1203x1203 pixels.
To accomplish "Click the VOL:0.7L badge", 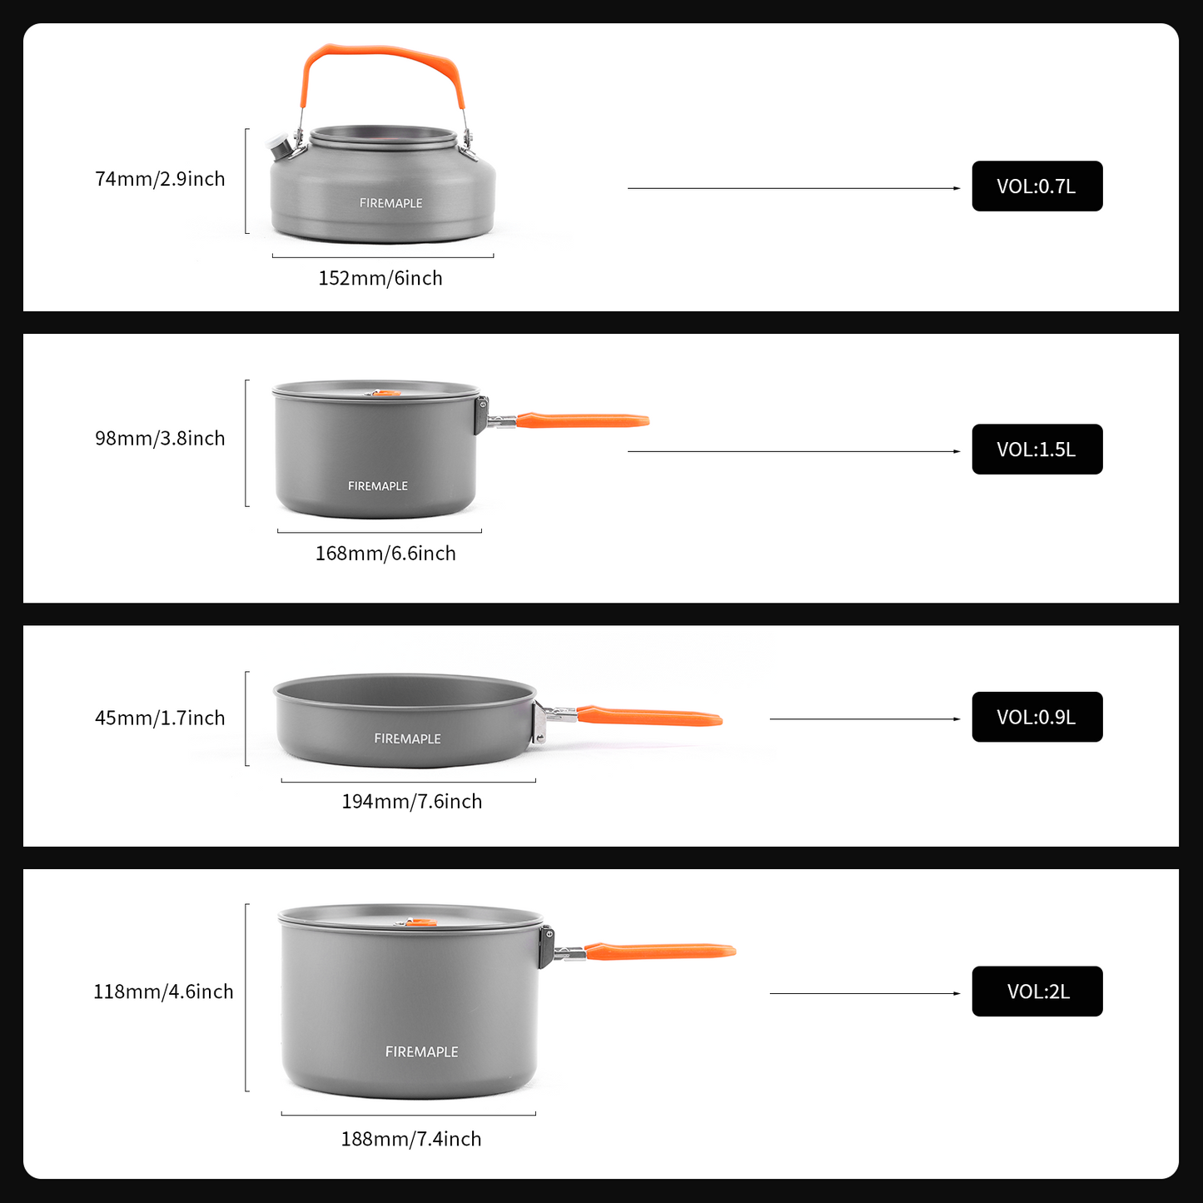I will (x=1036, y=186).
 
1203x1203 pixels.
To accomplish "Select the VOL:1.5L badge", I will (x=1036, y=450).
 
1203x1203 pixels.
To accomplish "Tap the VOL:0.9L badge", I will (x=1036, y=717).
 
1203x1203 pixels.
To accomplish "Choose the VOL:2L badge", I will (x=1036, y=992).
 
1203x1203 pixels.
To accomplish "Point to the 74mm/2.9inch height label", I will (x=160, y=179).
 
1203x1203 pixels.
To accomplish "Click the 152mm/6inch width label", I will (x=380, y=278).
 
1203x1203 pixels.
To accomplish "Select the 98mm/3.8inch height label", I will (x=160, y=439).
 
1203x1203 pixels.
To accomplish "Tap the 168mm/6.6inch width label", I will (x=385, y=554).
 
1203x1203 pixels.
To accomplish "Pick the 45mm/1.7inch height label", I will (x=160, y=718).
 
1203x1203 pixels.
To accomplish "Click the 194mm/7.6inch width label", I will (x=411, y=802).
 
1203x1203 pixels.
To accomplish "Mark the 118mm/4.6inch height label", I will (x=163, y=992).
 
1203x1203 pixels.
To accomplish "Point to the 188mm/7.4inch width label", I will (x=410, y=1139).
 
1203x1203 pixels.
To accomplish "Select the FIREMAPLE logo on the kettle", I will (x=390, y=203).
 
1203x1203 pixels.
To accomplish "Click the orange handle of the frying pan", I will (x=649, y=716).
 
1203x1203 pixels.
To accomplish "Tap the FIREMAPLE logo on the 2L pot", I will (x=421, y=1052).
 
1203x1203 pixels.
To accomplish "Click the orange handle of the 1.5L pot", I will (x=583, y=420).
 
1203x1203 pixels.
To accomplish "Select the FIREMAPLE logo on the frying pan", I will (x=407, y=738).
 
